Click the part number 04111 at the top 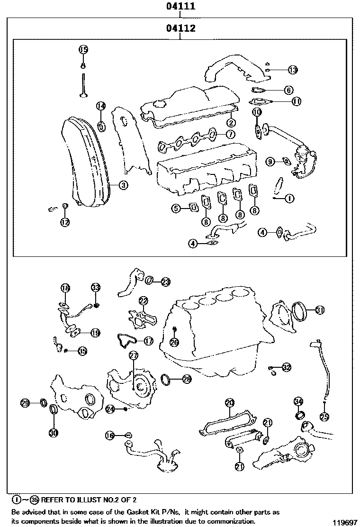180,7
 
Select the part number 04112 180,28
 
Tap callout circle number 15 83,49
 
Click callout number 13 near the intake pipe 293,70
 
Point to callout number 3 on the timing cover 123,185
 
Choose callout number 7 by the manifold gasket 230,134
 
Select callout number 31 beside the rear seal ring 320,310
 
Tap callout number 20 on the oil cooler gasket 230,403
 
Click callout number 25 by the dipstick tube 324,417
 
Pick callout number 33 96,288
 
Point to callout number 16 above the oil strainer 110,435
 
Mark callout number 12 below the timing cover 65,221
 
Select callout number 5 176,208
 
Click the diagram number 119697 344,522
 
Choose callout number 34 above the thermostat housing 298,401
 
